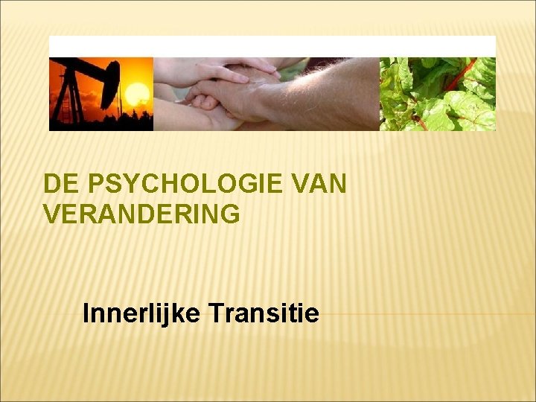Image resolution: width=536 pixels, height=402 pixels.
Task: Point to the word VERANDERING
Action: (x=141, y=214)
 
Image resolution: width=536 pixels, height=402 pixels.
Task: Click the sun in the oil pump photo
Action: (x=137, y=94)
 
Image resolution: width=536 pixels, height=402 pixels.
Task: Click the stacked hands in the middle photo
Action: (x=223, y=89)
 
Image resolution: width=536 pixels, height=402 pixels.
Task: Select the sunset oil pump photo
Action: (x=101, y=94)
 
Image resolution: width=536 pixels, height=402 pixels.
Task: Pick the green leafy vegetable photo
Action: (x=438, y=94)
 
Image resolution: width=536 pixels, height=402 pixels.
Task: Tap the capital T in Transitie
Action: (x=214, y=313)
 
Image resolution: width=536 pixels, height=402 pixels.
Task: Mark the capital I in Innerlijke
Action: (x=86, y=313)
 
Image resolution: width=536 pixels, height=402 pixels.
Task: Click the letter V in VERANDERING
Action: (x=52, y=214)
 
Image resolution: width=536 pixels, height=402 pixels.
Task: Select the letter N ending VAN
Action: (x=337, y=184)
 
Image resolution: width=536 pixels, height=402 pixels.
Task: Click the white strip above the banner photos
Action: (x=272, y=46)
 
